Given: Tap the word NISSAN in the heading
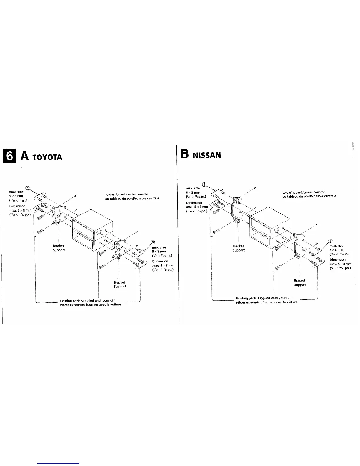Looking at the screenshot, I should coord(206,155).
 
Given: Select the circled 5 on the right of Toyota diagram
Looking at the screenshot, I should coord(153,242).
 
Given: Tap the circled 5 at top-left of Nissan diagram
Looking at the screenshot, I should coord(204,184).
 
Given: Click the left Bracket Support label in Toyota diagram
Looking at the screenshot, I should coord(59,248).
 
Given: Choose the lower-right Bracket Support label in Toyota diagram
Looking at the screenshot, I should coord(120,284).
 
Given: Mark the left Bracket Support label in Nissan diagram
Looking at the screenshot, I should coord(238,248).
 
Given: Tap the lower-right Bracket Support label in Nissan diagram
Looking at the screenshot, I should coord(300,282).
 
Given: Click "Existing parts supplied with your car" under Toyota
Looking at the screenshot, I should coord(87,300).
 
